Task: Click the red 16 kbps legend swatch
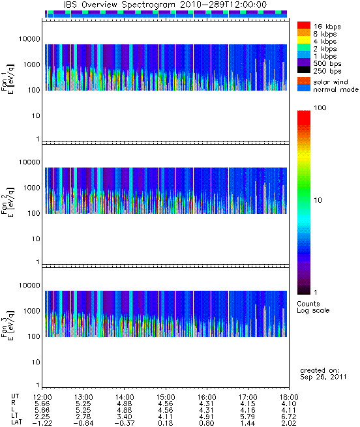(x=304, y=25)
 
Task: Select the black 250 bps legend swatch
(x=304, y=70)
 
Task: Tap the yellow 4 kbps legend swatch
(x=304, y=40)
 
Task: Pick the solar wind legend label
(x=330, y=82)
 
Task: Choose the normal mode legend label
(x=336, y=89)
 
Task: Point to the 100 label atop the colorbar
(x=320, y=108)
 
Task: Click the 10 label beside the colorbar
(x=318, y=200)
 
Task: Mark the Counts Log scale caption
(x=313, y=307)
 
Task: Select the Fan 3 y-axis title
(x=8, y=324)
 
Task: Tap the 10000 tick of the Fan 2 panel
(x=29, y=162)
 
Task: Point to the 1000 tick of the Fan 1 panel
(x=31, y=65)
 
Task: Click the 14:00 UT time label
(x=125, y=397)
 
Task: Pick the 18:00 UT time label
(x=289, y=397)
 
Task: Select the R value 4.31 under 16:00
(x=206, y=404)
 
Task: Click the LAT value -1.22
(x=42, y=423)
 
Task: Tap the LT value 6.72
(x=289, y=417)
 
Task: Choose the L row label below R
(x=13, y=410)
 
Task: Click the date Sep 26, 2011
(x=323, y=377)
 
